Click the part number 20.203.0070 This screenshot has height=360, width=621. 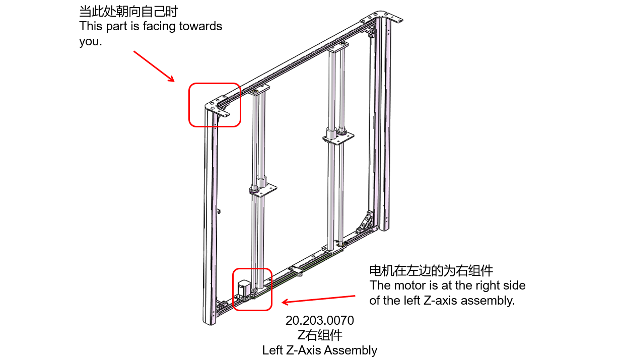[319, 321]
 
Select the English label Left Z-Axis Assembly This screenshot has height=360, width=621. [319, 350]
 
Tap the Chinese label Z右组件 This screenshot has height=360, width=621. [319, 335]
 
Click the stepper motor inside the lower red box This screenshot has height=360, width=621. [243, 289]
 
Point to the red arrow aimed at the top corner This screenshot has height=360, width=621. [154, 66]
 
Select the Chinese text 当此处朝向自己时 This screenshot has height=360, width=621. [128, 11]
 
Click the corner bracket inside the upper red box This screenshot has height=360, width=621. [220, 107]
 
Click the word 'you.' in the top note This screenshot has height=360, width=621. [90, 42]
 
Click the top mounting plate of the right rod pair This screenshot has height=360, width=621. [338, 46]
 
